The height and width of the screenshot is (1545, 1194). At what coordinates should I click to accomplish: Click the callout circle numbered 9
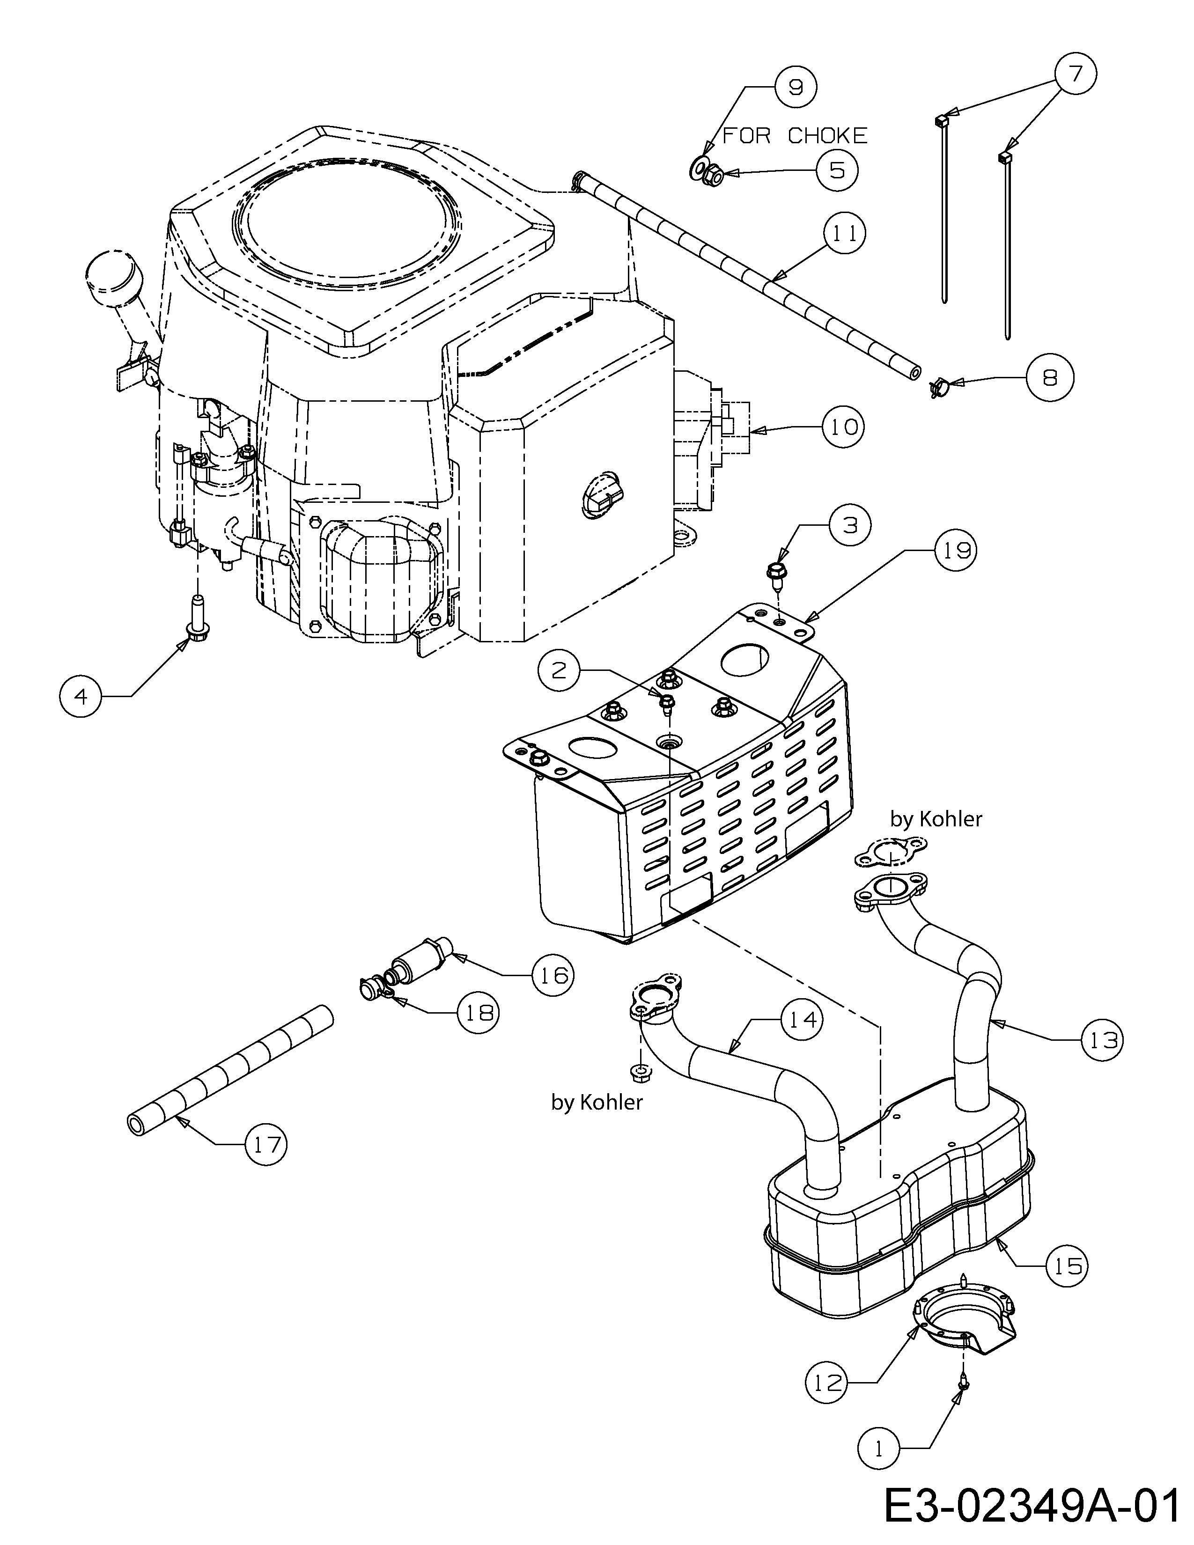coord(795,86)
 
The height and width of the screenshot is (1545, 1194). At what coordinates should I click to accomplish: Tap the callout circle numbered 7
coord(1075,74)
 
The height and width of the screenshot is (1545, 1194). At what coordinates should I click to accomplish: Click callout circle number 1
coord(878,1449)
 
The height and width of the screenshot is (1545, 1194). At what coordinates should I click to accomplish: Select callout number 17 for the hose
coord(266,1144)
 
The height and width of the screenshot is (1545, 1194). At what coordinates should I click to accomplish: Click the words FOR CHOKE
coord(794,135)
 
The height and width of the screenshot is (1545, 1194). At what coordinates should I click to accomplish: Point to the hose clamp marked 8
coord(939,388)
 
